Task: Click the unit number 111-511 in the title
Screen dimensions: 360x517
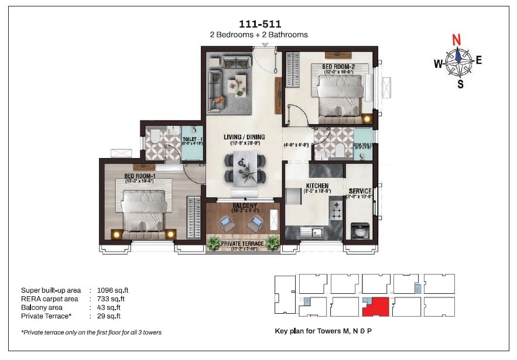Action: [260, 24]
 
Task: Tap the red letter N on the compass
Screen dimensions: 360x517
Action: [457, 40]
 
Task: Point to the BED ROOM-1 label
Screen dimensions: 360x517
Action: [139, 176]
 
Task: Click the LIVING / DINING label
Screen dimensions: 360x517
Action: [244, 137]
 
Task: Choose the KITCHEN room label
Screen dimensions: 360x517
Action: [316, 186]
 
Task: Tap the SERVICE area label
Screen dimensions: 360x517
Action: [361, 191]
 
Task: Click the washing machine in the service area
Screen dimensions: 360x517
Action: [358, 231]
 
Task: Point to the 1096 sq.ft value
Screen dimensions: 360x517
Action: [108, 290]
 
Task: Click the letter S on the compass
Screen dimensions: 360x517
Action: [460, 84]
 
